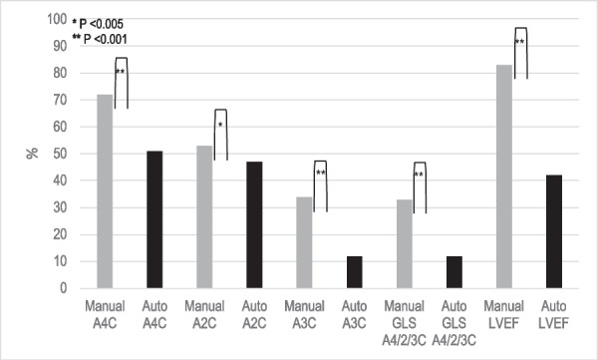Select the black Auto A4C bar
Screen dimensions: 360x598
[x=154, y=219]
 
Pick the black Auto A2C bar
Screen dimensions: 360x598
[x=254, y=224]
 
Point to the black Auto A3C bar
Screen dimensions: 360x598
[x=354, y=272]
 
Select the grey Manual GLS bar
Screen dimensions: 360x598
[x=404, y=243]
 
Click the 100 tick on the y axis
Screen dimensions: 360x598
[x=65, y=19]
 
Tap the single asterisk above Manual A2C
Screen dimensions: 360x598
[x=220, y=125]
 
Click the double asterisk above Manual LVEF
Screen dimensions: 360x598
[x=519, y=42]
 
